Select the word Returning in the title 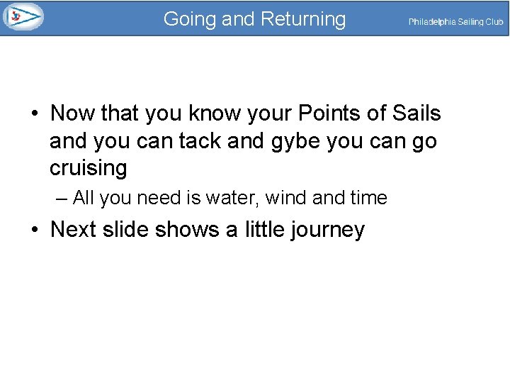tap(303, 19)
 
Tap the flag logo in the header tap(23, 16)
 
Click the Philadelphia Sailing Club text tap(455, 22)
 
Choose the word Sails tap(414, 113)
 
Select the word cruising tap(89, 168)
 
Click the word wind tap(286, 198)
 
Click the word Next tap(74, 229)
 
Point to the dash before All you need tap(60, 199)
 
